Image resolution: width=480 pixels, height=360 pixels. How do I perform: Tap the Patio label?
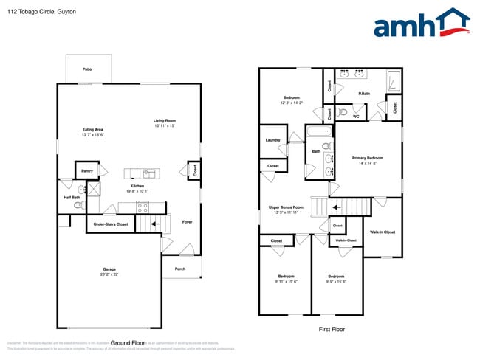(x=87, y=69)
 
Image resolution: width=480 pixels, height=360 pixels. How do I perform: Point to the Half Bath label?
(x=72, y=197)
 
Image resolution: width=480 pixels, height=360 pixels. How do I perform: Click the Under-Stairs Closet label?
(x=112, y=224)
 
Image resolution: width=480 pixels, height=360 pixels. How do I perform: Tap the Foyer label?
(x=188, y=221)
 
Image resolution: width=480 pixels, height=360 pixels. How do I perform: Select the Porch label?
(x=180, y=269)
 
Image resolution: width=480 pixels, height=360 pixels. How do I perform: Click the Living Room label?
(x=165, y=120)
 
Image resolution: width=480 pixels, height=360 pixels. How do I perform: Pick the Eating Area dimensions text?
(x=92, y=135)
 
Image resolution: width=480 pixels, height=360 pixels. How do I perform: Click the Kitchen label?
(x=137, y=186)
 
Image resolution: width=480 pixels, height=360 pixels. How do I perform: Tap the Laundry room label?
(x=272, y=139)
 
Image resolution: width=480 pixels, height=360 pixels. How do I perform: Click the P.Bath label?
(x=364, y=94)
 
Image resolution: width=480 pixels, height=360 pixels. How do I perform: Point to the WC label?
(x=356, y=117)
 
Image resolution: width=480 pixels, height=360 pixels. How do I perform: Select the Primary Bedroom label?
(x=367, y=158)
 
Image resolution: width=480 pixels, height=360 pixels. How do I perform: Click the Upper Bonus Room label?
(x=286, y=207)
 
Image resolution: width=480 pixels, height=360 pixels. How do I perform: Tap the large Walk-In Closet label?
(x=383, y=232)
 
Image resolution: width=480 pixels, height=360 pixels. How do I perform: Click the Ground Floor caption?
(x=126, y=343)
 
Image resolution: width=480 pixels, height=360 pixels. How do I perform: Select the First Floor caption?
(x=332, y=329)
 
